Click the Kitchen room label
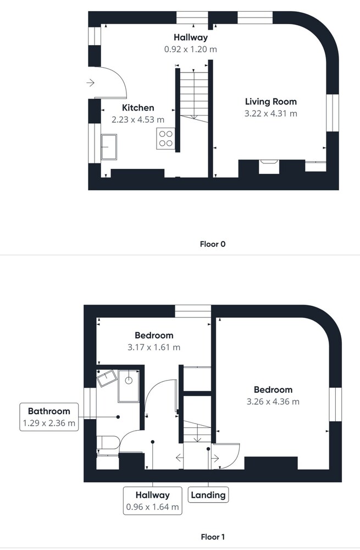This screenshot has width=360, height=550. coord(138,108)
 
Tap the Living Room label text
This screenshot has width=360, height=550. coord(270,102)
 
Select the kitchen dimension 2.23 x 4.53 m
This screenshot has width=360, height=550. coord(138,119)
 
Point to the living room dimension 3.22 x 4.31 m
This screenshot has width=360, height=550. coord(270,114)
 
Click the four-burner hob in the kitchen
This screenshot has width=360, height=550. coord(165,139)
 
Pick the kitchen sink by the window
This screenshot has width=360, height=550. coord(109,147)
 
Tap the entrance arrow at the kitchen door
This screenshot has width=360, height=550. coord(91,83)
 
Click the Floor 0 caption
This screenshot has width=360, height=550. coord(212,244)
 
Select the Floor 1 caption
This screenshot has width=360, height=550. coord(212,537)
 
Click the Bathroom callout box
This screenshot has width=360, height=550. coord(49,417)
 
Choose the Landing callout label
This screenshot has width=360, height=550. coord(208,495)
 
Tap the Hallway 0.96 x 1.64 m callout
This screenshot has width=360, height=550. coord(152,501)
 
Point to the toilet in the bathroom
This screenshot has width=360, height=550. coord(108,443)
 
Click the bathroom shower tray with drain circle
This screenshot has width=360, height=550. coord(129,386)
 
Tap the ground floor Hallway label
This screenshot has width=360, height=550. coord(191,37)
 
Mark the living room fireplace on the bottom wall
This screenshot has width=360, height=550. coord(269,167)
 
